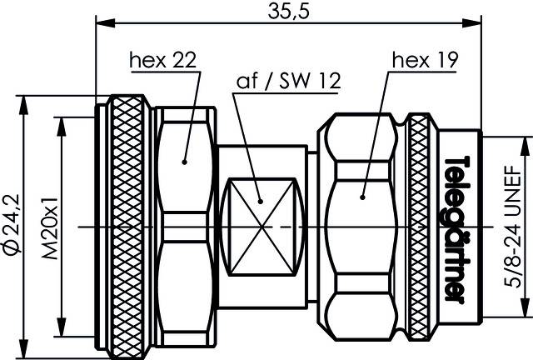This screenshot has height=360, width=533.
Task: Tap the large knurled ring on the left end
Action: [127, 225]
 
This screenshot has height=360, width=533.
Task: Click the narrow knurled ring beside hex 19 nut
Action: [419, 225]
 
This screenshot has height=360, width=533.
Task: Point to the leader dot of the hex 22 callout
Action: [184, 157]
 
